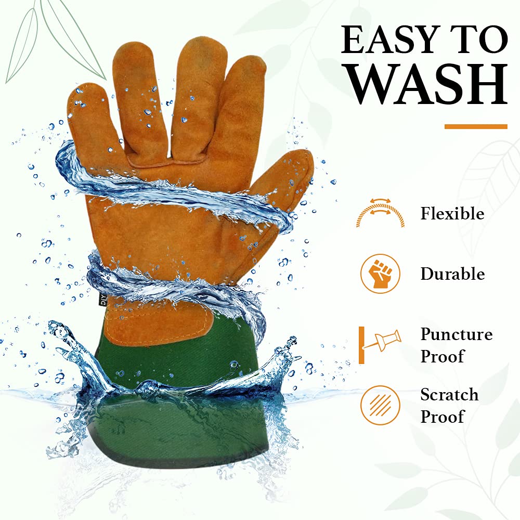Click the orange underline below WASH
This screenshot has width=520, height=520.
click(476, 126)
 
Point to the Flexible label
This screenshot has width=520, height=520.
click(452, 213)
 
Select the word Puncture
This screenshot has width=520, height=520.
click(457, 334)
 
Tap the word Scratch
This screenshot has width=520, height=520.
click(449, 395)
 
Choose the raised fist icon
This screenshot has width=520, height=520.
click(381, 274)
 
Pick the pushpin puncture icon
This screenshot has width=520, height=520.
click(380, 345)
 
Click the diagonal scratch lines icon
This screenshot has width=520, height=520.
click(381, 405)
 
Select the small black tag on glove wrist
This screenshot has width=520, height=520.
click(103, 299)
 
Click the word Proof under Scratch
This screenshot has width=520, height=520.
click(442, 417)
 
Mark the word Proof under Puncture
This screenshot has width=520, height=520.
click(442, 356)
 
